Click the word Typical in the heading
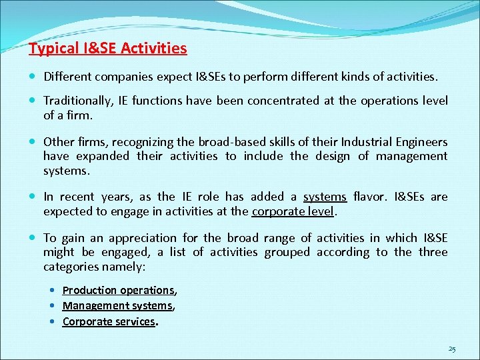click(53, 49)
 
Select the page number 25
click(452, 349)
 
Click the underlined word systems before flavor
click(325, 197)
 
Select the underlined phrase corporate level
click(292, 211)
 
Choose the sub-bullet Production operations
click(117, 290)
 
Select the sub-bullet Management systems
click(117, 305)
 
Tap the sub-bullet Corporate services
click(108, 321)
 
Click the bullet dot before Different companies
click(33, 77)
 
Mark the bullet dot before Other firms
click(33, 142)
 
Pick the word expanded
click(102, 156)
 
